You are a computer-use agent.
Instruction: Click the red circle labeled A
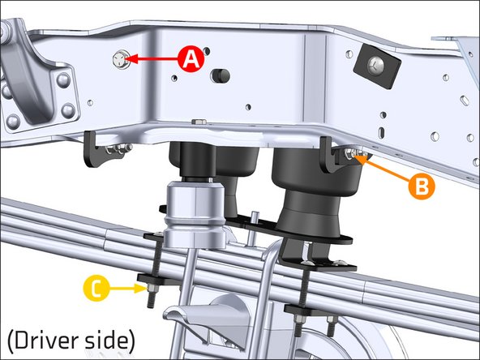(190, 59)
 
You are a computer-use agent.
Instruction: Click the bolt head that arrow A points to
(122, 58)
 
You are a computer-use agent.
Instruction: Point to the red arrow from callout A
(154, 59)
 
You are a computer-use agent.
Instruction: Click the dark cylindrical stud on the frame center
(216, 75)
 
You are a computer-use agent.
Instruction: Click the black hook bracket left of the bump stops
(99, 147)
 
